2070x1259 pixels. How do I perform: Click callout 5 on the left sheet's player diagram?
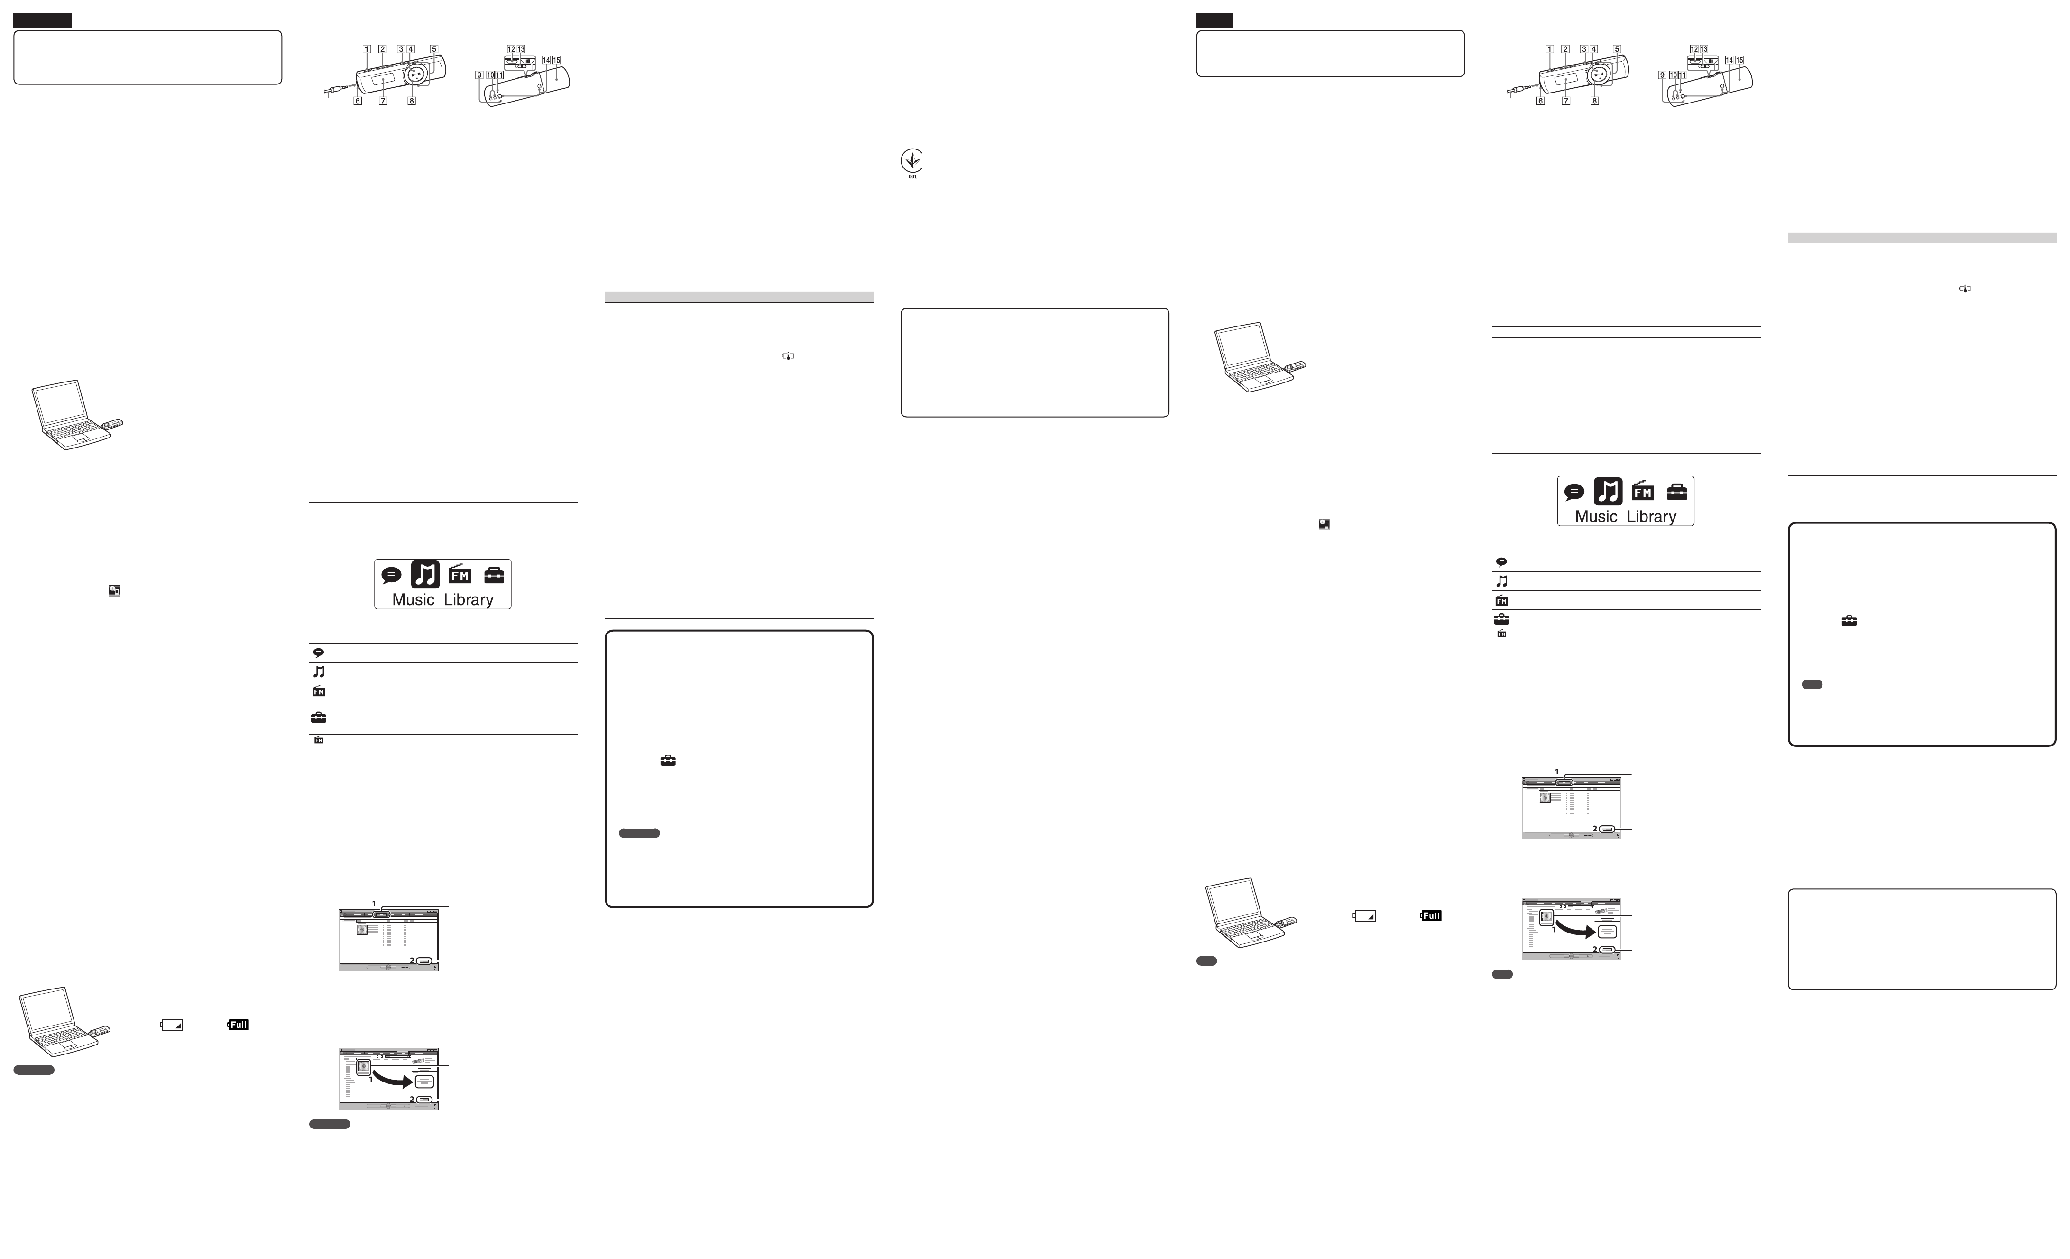(x=433, y=49)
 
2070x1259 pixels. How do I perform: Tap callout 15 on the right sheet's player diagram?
(x=1739, y=61)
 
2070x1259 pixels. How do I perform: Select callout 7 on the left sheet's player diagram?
(x=383, y=101)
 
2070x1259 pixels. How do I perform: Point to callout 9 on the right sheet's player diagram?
(x=1662, y=75)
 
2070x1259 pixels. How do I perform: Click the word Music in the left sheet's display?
(x=414, y=599)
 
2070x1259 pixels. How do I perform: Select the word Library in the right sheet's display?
(x=1651, y=516)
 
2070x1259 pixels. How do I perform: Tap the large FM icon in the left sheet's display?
(x=460, y=574)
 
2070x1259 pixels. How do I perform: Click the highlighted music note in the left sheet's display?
(x=425, y=574)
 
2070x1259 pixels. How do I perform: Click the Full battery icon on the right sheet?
(x=1431, y=915)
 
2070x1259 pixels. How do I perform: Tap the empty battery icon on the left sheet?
(x=172, y=1025)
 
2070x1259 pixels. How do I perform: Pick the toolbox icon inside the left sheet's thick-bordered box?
(x=668, y=761)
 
